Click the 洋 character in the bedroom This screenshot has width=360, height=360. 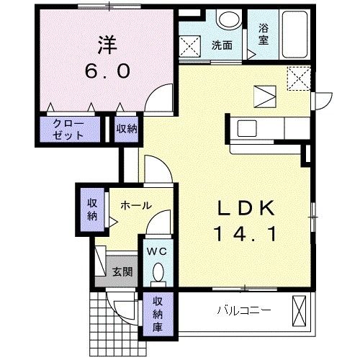tap(108, 43)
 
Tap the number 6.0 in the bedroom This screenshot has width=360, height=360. tap(108, 71)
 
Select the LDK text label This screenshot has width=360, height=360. tap(246, 208)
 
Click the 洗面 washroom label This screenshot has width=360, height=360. tap(222, 45)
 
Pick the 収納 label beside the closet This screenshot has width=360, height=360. tap(127, 130)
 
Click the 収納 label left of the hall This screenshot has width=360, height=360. tap(93, 209)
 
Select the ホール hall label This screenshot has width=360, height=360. tap(136, 206)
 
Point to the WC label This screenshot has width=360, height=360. tap(157, 251)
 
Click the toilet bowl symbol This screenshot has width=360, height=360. tap(158, 273)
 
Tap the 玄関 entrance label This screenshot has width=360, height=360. tap(122, 272)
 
